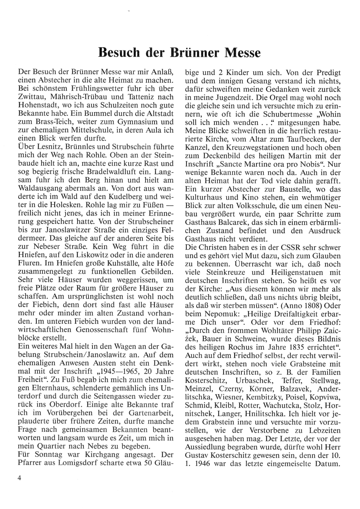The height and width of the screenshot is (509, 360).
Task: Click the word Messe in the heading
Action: (242, 53)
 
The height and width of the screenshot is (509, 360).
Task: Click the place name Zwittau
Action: (31, 97)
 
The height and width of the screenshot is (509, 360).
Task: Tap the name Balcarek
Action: (232, 222)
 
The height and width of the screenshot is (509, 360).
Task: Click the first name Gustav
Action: (197, 455)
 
